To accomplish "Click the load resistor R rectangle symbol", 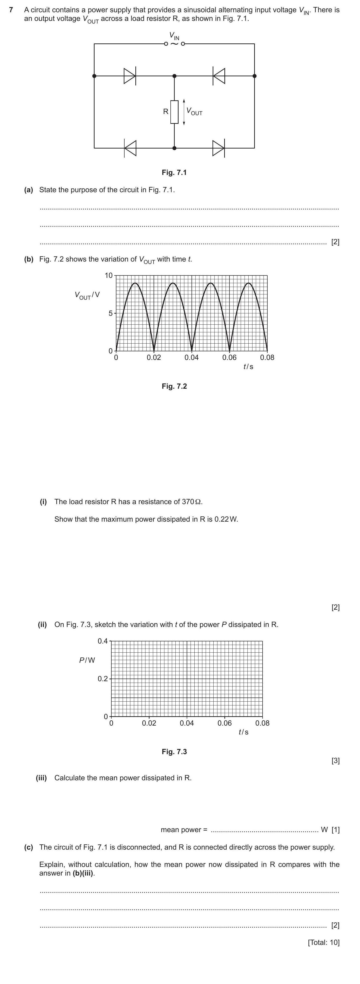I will click(174, 112).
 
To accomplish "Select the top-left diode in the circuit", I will click(130, 76).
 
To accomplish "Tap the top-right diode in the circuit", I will click(219, 76).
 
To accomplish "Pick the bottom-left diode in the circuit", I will click(130, 148).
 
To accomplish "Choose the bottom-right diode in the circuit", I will click(219, 148).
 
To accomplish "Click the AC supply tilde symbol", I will click(174, 44).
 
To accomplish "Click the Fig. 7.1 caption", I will click(174, 173).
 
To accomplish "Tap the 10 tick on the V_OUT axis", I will click(109, 275).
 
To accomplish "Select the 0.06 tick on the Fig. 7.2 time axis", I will click(229, 358).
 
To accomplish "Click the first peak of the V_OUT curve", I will click(135, 283).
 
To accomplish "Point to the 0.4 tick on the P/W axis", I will click(102, 641).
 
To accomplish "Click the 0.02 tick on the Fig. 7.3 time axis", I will click(149, 723).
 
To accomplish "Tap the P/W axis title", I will click(87, 660).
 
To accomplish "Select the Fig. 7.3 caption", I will click(174, 752).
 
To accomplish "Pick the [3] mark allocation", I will click(335, 761).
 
